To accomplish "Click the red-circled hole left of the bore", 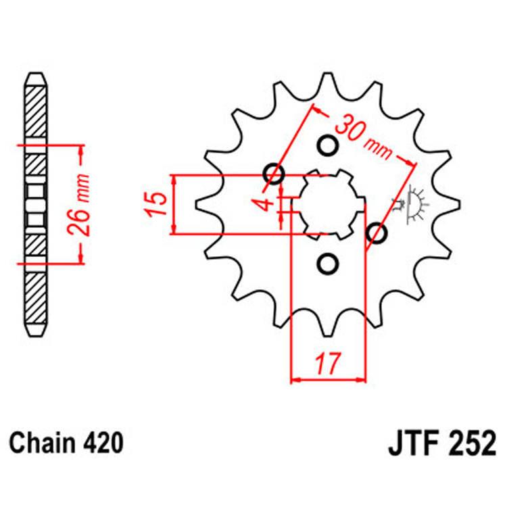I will point(276,174).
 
